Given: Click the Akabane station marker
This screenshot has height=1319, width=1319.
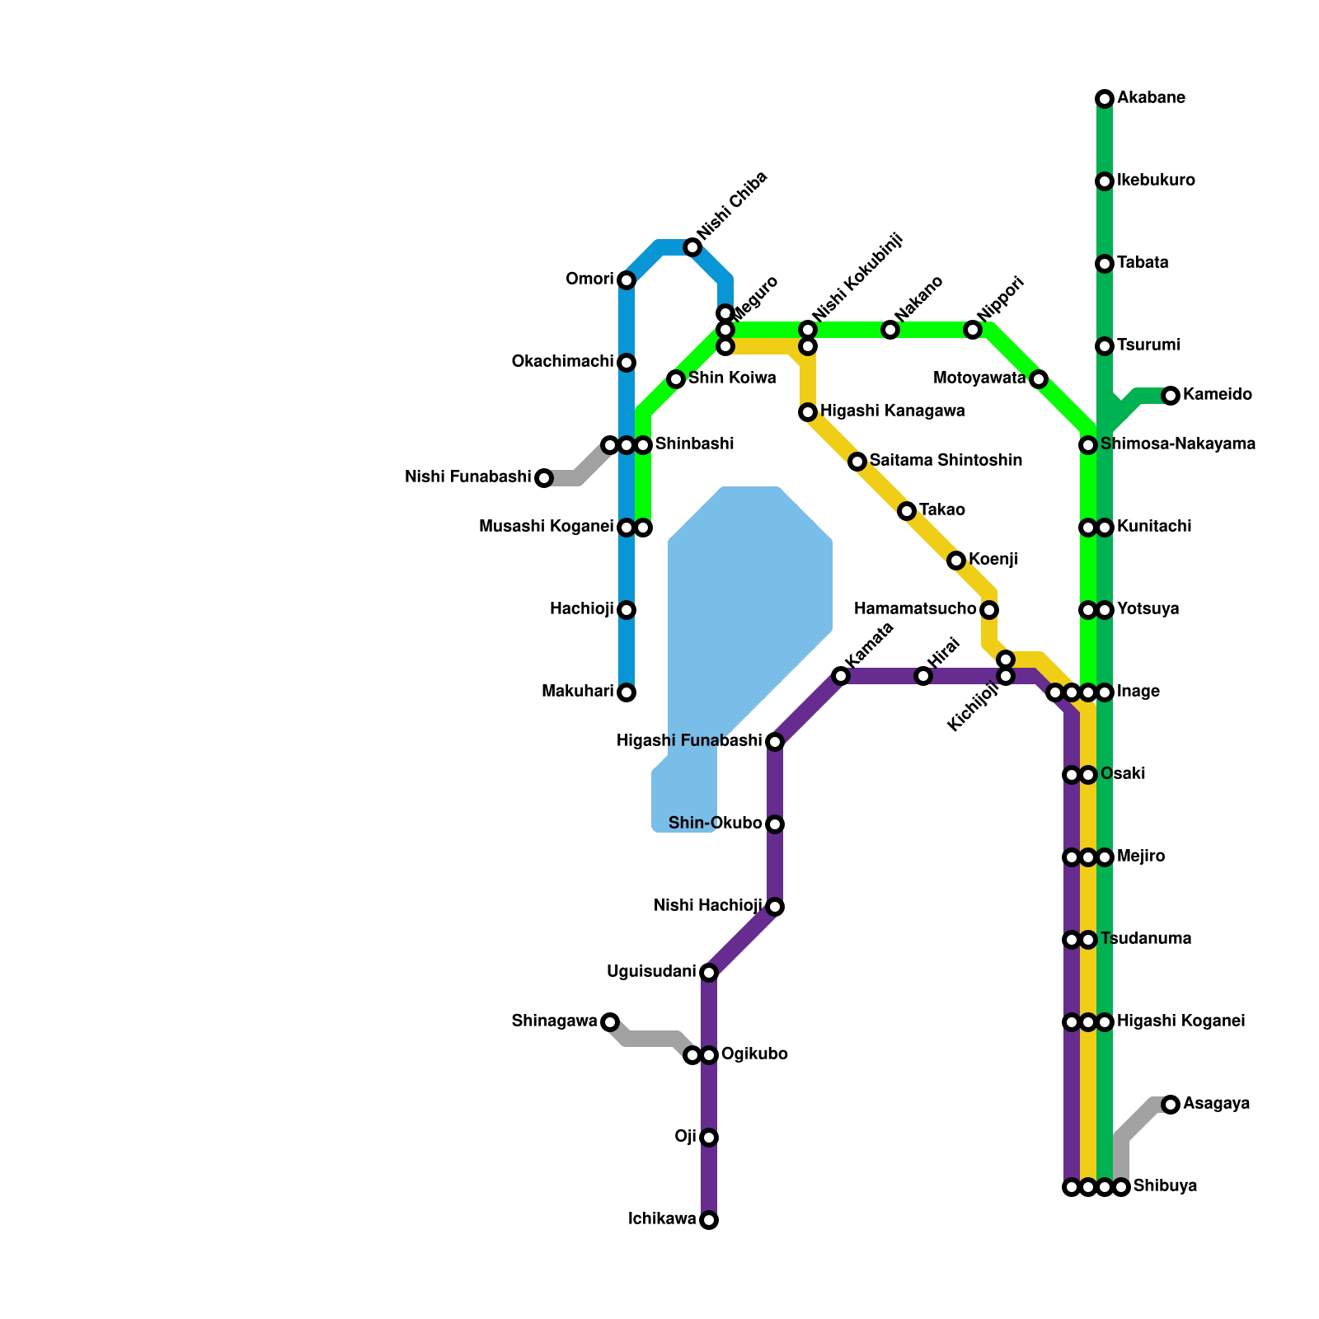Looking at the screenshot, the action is pos(1105,99).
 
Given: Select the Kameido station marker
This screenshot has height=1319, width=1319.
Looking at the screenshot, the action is pos(1171,396).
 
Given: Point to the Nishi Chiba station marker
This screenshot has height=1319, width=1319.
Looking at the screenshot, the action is pos(692,247).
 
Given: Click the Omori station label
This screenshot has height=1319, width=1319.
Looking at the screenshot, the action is pos(589,279).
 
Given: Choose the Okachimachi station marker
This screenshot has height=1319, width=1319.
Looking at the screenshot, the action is pos(627,363).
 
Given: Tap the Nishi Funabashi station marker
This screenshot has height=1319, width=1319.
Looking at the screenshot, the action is pos(544,478).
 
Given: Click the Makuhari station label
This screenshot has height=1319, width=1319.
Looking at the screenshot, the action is pos(578,692).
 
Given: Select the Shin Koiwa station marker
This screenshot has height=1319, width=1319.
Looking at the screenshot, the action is pos(676,379).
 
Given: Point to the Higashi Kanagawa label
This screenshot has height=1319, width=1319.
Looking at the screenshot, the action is pos(892,411).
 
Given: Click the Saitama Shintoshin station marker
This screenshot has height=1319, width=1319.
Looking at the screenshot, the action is pos(857,462).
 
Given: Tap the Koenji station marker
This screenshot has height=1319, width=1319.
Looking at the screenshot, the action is pos(956,561).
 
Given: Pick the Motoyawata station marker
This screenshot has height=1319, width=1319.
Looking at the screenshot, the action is pos(1039,379).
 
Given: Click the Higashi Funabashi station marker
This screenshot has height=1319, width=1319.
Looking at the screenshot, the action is pos(775,742).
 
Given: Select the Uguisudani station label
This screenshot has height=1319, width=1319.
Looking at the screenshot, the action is pos(651,972).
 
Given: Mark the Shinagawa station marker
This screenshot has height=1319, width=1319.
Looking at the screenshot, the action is pos(610,1022).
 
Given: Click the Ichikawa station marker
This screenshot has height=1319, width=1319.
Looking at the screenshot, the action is pos(709,1220).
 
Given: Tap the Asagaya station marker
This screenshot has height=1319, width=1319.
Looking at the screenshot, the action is pos(1171,1105).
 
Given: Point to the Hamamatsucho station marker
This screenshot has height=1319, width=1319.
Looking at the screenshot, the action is pos(989,610).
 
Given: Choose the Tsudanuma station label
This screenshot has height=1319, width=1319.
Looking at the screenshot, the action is pos(1146,939).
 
